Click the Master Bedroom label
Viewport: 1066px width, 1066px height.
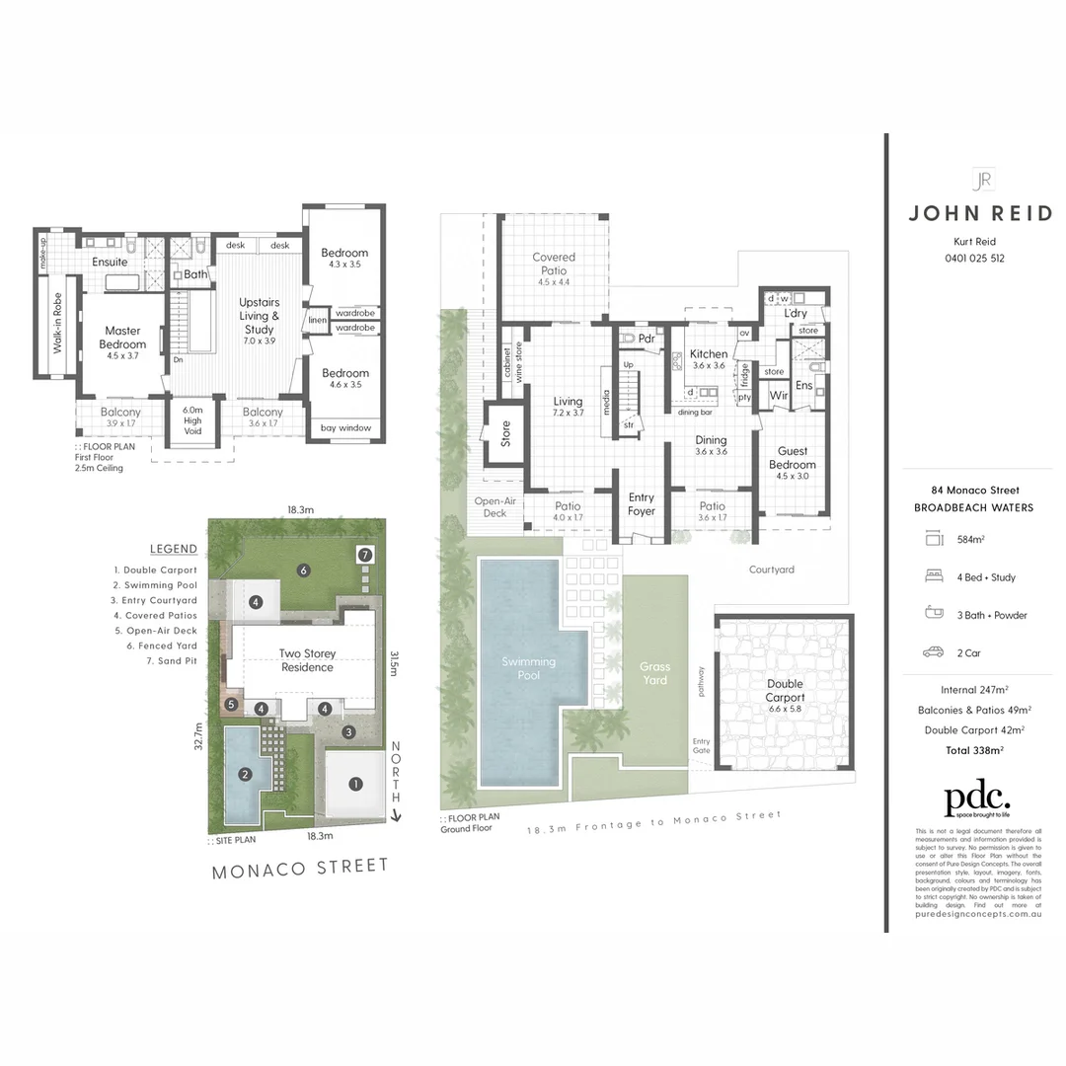tap(123, 338)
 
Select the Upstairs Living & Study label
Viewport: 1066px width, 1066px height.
tap(260, 316)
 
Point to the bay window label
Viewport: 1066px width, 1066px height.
tap(345, 428)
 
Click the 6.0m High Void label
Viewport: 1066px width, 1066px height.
tap(192, 420)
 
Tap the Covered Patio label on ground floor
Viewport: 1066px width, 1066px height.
tap(553, 264)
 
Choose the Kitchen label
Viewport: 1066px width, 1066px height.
tap(709, 354)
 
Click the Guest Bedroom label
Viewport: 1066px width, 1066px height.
tap(793, 458)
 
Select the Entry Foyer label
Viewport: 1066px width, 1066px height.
tap(642, 504)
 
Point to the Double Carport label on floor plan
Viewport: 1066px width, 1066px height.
tap(785, 690)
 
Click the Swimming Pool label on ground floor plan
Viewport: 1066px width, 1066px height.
tap(529, 668)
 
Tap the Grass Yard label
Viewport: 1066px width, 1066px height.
tap(654, 673)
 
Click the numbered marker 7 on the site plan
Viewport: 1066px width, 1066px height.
tap(365, 555)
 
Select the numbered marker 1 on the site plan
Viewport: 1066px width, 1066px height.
tap(356, 785)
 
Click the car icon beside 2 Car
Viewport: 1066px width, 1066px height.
tap(933, 652)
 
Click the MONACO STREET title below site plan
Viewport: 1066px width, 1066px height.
tap(301, 868)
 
